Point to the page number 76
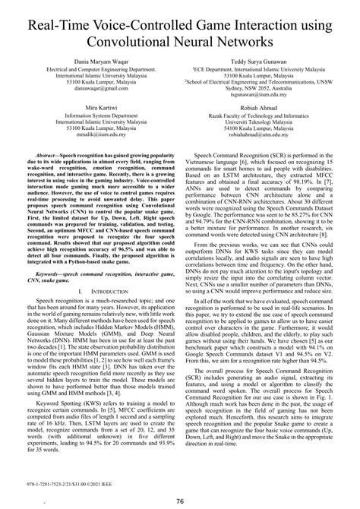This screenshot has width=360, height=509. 179,501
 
